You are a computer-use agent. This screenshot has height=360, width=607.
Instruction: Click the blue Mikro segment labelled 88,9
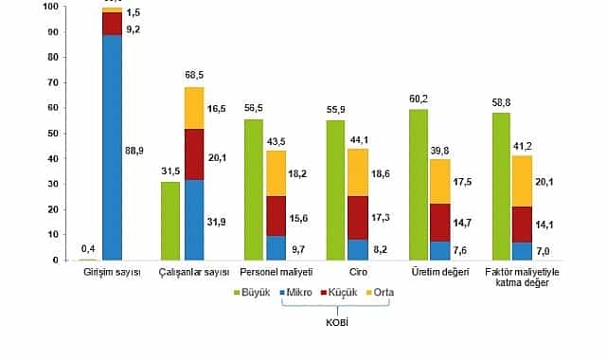(113, 147)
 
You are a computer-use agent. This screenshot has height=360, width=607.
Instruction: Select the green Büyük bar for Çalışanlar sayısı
(170, 220)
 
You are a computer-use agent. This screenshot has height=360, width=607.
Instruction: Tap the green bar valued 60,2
(418, 184)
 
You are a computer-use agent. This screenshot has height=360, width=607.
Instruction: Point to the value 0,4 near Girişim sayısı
(87, 250)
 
